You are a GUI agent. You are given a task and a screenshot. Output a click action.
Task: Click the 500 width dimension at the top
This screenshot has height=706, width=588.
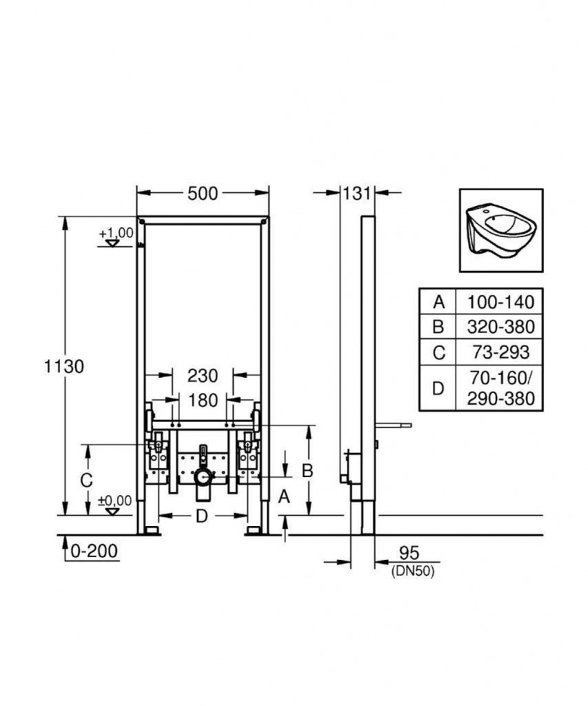click(203, 194)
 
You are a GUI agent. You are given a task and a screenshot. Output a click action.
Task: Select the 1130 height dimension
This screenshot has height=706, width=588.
click(63, 367)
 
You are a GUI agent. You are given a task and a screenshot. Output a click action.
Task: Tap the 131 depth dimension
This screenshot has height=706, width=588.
click(357, 194)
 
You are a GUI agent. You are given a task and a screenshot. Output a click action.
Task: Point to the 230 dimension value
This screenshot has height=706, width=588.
click(203, 376)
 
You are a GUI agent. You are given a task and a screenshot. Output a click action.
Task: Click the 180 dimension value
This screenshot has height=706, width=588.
click(203, 400)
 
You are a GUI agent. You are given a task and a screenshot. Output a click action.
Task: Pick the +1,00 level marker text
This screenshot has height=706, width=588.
click(116, 233)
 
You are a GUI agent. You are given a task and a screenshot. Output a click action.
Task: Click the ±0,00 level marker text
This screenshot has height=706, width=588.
click(115, 501)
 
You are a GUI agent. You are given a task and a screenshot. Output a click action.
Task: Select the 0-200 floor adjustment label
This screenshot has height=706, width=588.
click(94, 550)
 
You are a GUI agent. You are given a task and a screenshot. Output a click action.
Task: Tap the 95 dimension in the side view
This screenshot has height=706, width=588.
click(409, 552)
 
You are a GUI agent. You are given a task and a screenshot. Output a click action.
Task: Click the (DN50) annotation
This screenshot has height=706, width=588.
click(413, 572)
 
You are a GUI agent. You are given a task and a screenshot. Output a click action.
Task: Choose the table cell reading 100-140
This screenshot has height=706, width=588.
click(500, 302)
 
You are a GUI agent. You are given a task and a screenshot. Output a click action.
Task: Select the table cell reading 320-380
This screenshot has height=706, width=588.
click(500, 327)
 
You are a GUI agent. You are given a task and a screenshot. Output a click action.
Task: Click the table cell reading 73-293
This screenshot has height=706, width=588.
click(500, 352)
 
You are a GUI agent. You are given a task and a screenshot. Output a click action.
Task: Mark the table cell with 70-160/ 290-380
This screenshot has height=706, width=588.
click(500, 388)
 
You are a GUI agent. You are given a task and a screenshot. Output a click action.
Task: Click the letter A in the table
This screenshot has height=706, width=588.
click(438, 302)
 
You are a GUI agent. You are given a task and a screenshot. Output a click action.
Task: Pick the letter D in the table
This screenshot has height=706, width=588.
click(438, 388)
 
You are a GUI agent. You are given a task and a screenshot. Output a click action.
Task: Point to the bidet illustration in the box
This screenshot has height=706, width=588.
click(500, 231)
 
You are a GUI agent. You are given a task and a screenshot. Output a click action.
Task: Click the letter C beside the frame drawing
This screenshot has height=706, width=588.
click(86, 481)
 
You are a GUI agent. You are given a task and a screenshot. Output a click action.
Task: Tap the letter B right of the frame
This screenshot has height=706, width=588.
click(307, 470)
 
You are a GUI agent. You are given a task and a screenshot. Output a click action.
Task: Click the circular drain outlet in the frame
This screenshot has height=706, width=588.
click(203, 477)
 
